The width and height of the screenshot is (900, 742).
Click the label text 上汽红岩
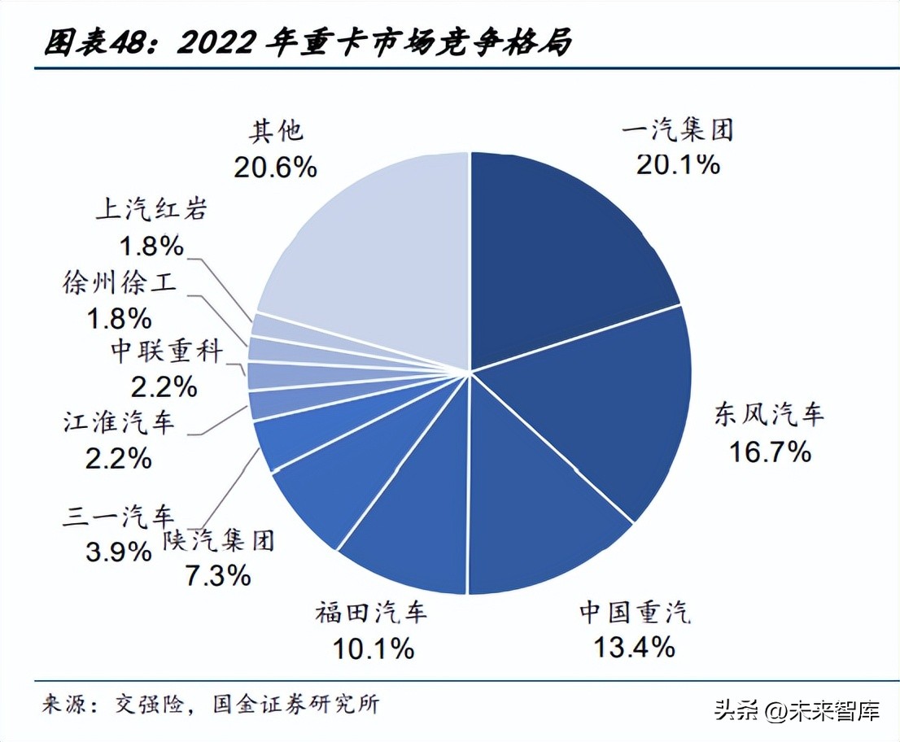pos(151,210)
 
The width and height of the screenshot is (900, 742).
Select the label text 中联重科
pos(166,351)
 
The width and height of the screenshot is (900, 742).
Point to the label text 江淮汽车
pos(119,422)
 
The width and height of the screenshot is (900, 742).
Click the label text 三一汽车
pos(119,516)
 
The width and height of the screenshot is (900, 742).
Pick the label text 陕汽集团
pos(218,539)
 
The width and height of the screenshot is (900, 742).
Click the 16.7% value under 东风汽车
pos(769,451)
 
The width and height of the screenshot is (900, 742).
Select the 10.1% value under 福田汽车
pos(373,648)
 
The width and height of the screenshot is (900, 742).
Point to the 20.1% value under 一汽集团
pos(678,164)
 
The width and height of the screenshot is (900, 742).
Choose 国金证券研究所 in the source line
pos(295,704)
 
